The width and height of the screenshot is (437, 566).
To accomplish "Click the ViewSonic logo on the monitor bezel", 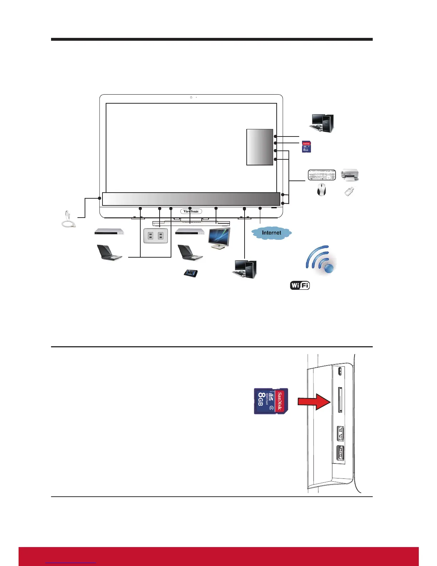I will coord(191,211).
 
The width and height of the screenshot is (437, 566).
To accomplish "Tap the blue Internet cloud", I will coord(271,233).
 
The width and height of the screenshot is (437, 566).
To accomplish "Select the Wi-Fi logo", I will coord(300,286).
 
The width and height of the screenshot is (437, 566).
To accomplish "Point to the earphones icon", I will coord(68,219).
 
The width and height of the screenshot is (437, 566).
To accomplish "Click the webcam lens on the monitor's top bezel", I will coord(191,97).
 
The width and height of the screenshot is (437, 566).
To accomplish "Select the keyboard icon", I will coord(322,175).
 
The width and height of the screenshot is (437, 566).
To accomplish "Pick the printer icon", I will coord(350,174).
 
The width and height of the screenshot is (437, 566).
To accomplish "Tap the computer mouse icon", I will coord(321,189).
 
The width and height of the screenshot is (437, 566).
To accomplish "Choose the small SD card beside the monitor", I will coord(306,147).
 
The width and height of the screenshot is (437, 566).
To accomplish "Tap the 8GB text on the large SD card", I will coord(261,399).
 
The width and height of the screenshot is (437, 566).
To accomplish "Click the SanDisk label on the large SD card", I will coord(280,401).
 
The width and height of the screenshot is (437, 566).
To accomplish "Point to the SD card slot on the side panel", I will coord(340,399).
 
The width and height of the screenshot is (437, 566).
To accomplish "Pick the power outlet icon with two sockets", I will coord(156,236).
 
